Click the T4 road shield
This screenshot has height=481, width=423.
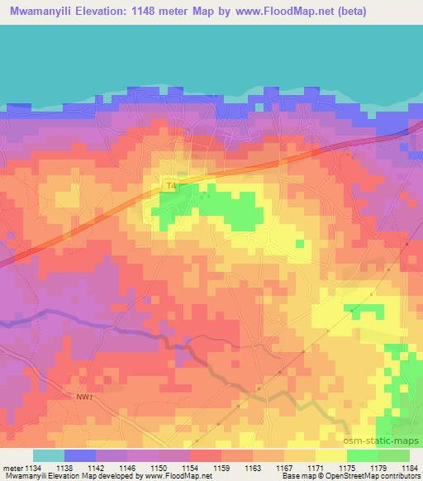[171, 188]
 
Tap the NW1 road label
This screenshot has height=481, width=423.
[80, 398]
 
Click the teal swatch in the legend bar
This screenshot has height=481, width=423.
[49, 455]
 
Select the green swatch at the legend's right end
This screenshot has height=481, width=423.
[394, 455]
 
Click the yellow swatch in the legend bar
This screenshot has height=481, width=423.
[330, 455]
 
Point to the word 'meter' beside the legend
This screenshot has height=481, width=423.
[12, 467]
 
